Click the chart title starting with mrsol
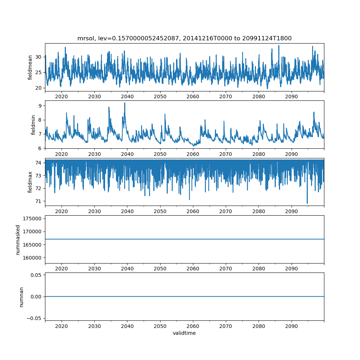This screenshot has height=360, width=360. point(184,38)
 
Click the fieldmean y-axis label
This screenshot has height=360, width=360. point(30,67)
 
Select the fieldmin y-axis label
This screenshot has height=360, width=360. point(33,125)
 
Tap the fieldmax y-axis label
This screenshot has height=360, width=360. point(30,182)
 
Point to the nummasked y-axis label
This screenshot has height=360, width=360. point(18,240)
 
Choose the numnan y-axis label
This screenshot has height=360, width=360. point(21,297)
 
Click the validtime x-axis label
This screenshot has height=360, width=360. point(184,333)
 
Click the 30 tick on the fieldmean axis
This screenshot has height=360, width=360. point(39,57)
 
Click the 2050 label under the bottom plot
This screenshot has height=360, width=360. point(160,326)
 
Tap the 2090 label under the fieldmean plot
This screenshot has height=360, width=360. point(291,97)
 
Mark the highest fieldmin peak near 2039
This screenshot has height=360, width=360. point(125,103)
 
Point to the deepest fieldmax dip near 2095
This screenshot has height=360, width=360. point(307,203)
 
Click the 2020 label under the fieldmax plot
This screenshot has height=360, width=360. point(62,212)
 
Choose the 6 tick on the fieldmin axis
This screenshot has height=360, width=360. point(40,148)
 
